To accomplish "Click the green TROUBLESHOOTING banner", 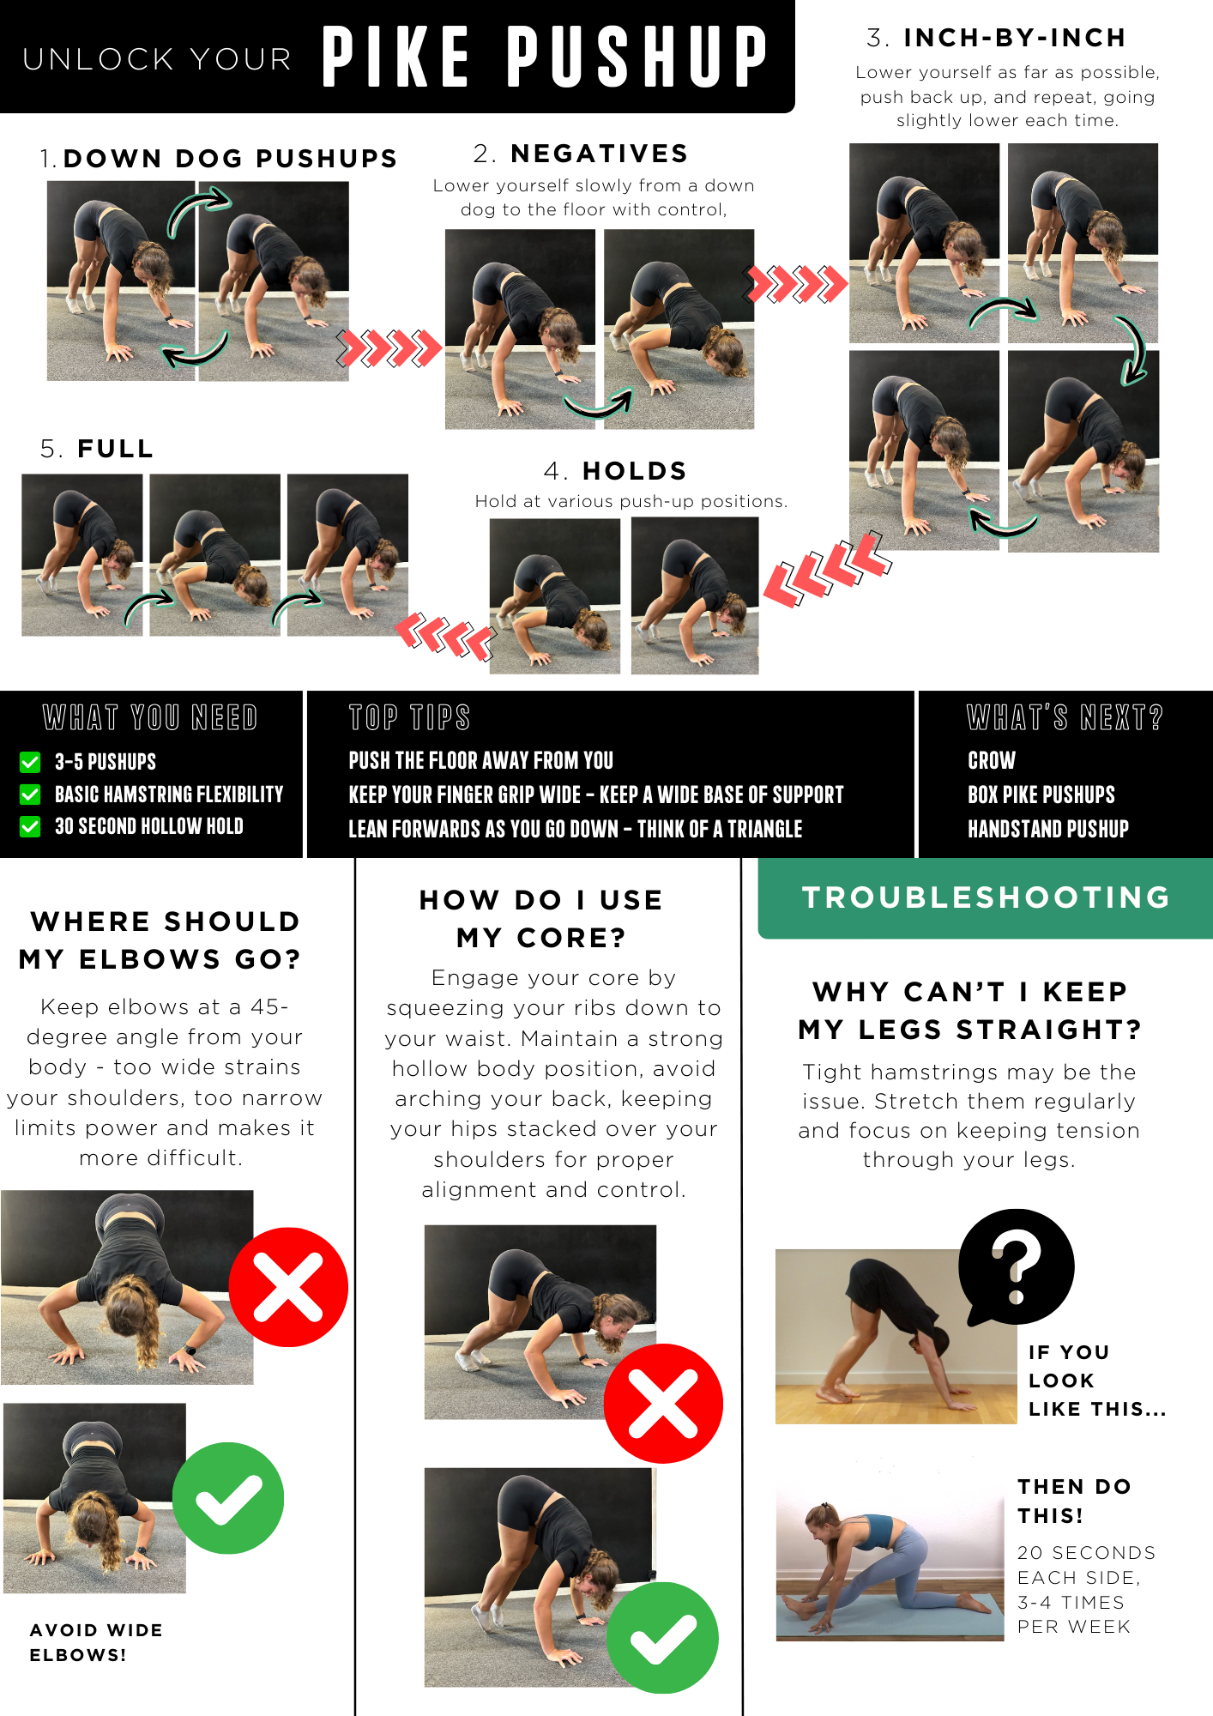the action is pyautogui.click(x=985, y=898).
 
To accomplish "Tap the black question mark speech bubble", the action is pyautogui.click(x=1017, y=1266).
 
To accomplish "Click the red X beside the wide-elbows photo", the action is pyautogui.click(x=288, y=1287).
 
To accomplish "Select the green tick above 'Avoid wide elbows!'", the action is pyautogui.click(x=228, y=1498).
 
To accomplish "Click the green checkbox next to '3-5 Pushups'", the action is pyautogui.click(x=30, y=762).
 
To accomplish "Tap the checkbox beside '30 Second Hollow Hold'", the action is pyautogui.click(x=30, y=826).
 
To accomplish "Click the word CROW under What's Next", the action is pyautogui.click(x=992, y=761).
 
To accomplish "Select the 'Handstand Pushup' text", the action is pyautogui.click(x=1048, y=829).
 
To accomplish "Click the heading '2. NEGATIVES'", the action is pyautogui.click(x=581, y=154).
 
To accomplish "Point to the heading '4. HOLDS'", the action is pyautogui.click(x=615, y=471).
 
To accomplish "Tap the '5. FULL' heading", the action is pyautogui.click(x=97, y=449).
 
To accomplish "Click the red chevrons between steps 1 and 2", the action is pyautogui.click(x=389, y=347).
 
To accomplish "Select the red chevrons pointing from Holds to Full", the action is pyautogui.click(x=445, y=636).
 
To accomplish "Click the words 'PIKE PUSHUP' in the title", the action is pyautogui.click(x=545, y=57).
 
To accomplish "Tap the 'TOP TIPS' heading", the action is pyautogui.click(x=410, y=717).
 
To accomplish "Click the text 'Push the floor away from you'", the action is pyautogui.click(x=481, y=761).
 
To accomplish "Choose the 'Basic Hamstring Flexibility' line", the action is pyautogui.click(x=169, y=795).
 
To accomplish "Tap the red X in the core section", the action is pyautogui.click(x=663, y=1404).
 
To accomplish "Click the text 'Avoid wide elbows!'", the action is pyautogui.click(x=96, y=1642).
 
